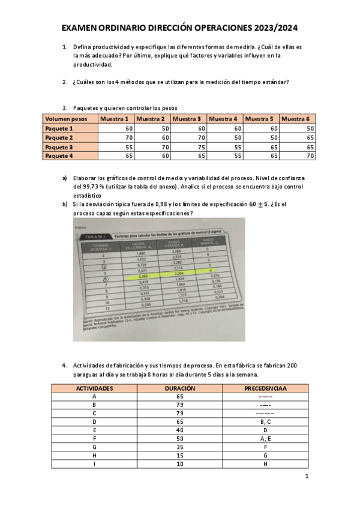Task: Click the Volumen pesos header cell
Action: pyautogui.click(x=66, y=119)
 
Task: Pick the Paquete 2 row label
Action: pyautogui.click(x=59, y=137)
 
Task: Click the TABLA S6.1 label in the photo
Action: pyautogui.click(x=95, y=238)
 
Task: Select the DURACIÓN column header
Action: pyautogui.click(x=179, y=388)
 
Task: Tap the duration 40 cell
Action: pyautogui.click(x=179, y=430)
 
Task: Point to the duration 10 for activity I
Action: pyautogui.click(x=179, y=464)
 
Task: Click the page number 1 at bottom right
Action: pyautogui.click(x=307, y=477)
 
